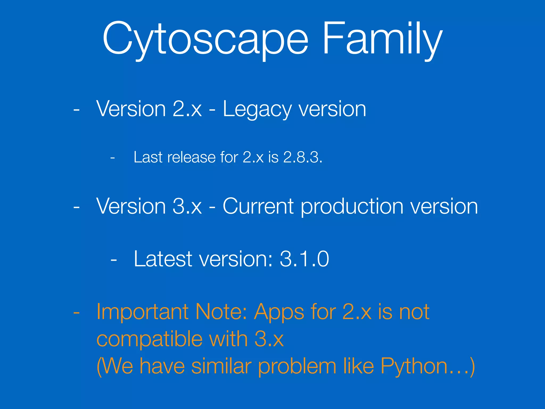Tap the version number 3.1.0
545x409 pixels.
click(304, 259)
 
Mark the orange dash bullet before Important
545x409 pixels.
click(76, 312)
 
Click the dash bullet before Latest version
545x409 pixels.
click(114, 259)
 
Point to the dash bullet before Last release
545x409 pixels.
click(113, 158)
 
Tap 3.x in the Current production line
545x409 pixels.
click(187, 206)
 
